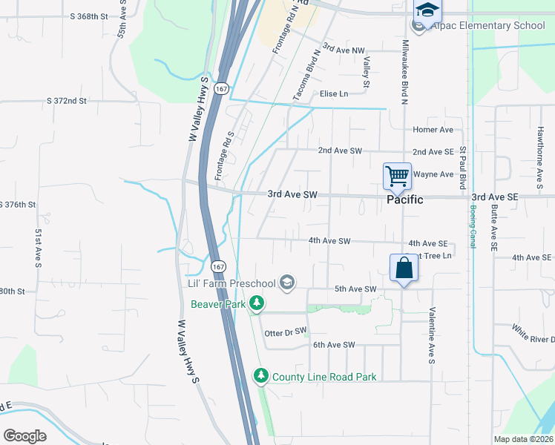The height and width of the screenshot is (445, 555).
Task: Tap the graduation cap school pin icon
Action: coord(427,10)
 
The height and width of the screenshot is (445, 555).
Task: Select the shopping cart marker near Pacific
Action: coord(397,177)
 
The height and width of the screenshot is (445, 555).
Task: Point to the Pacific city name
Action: coord(404,200)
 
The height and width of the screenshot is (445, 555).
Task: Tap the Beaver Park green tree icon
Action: coord(257,303)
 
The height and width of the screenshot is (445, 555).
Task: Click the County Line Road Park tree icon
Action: coord(260,377)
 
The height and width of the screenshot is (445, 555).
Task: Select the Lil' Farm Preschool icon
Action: coord(287,283)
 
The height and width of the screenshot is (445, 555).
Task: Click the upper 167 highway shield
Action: coord(220,88)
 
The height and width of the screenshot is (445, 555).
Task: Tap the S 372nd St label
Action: coord(67,100)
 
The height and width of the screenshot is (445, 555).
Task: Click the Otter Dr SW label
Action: coord(285,334)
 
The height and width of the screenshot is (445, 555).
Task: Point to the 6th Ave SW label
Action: coord(334,345)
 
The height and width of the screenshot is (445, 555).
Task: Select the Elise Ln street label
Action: coord(333,93)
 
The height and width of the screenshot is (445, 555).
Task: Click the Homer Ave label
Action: coord(433,129)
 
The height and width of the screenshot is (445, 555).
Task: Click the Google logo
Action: coord(24,436)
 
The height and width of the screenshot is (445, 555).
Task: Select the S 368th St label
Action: coord(88,16)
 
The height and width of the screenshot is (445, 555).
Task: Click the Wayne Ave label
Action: coord(433,174)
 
